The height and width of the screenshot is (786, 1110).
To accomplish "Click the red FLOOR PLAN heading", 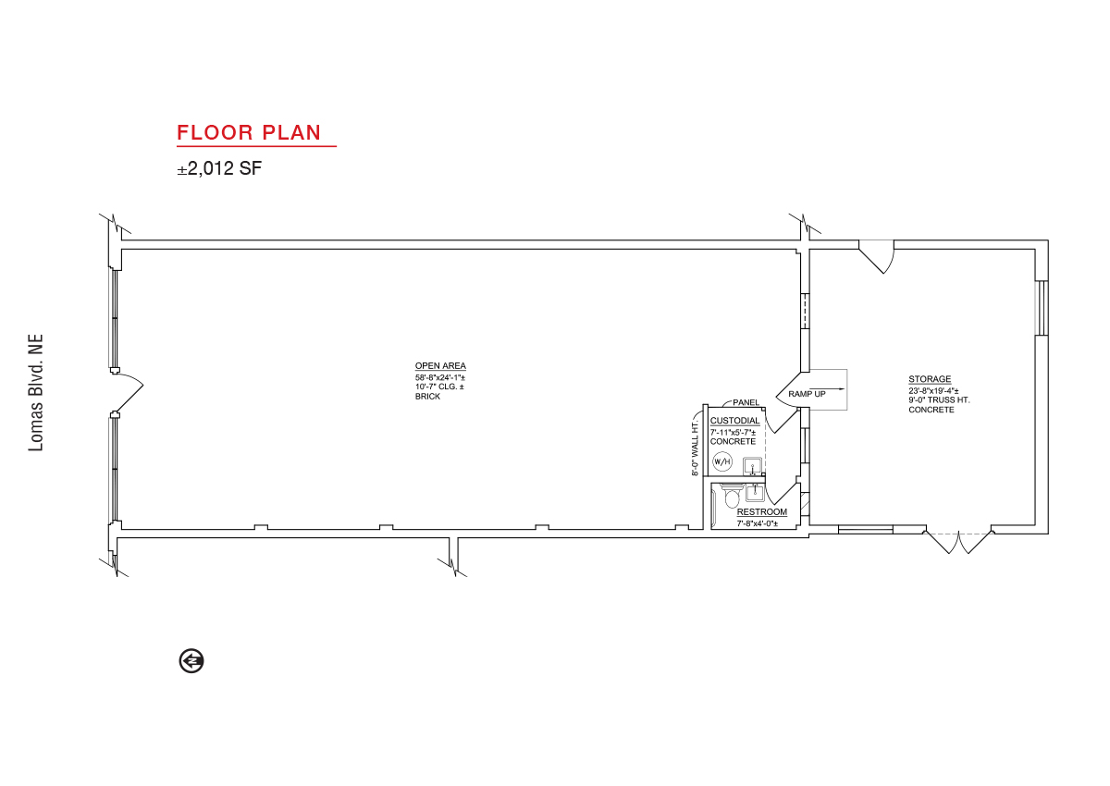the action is (x=249, y=133).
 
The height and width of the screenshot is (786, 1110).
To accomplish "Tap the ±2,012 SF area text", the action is (x=219, y=168).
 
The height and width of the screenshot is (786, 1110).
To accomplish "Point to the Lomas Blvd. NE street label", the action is (x=36, y=393).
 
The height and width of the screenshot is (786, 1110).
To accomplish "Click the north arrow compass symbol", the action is (x=191, y=660).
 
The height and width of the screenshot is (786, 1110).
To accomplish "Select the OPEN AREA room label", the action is (x=440, y=366).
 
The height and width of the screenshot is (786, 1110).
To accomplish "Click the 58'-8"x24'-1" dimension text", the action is (x=440, y=377).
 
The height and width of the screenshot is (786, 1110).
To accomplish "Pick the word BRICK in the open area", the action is (x=427, y=397).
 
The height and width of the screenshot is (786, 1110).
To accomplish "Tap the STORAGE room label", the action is (x=930, y=379).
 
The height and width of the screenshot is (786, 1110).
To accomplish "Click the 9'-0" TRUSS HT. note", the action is (x=939, y=400).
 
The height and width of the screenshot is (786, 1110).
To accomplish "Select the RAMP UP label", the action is (x=807, y=394).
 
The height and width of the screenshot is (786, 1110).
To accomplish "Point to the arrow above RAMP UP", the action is (x=834, y=389).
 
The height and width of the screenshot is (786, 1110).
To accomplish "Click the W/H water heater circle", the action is (x=722, y=462).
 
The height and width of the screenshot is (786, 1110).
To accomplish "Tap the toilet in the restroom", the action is (x=732, y=496).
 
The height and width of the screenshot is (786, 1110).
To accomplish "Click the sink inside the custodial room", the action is (x=752, y=466).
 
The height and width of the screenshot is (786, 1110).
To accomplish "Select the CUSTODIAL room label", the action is (x=734, y=421).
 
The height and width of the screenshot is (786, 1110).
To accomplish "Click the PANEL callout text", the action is (x=746, y=402).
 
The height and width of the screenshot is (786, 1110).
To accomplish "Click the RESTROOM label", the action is (x=761, y=512).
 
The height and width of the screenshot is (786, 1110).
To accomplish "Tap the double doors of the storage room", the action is (x=958, y=543).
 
